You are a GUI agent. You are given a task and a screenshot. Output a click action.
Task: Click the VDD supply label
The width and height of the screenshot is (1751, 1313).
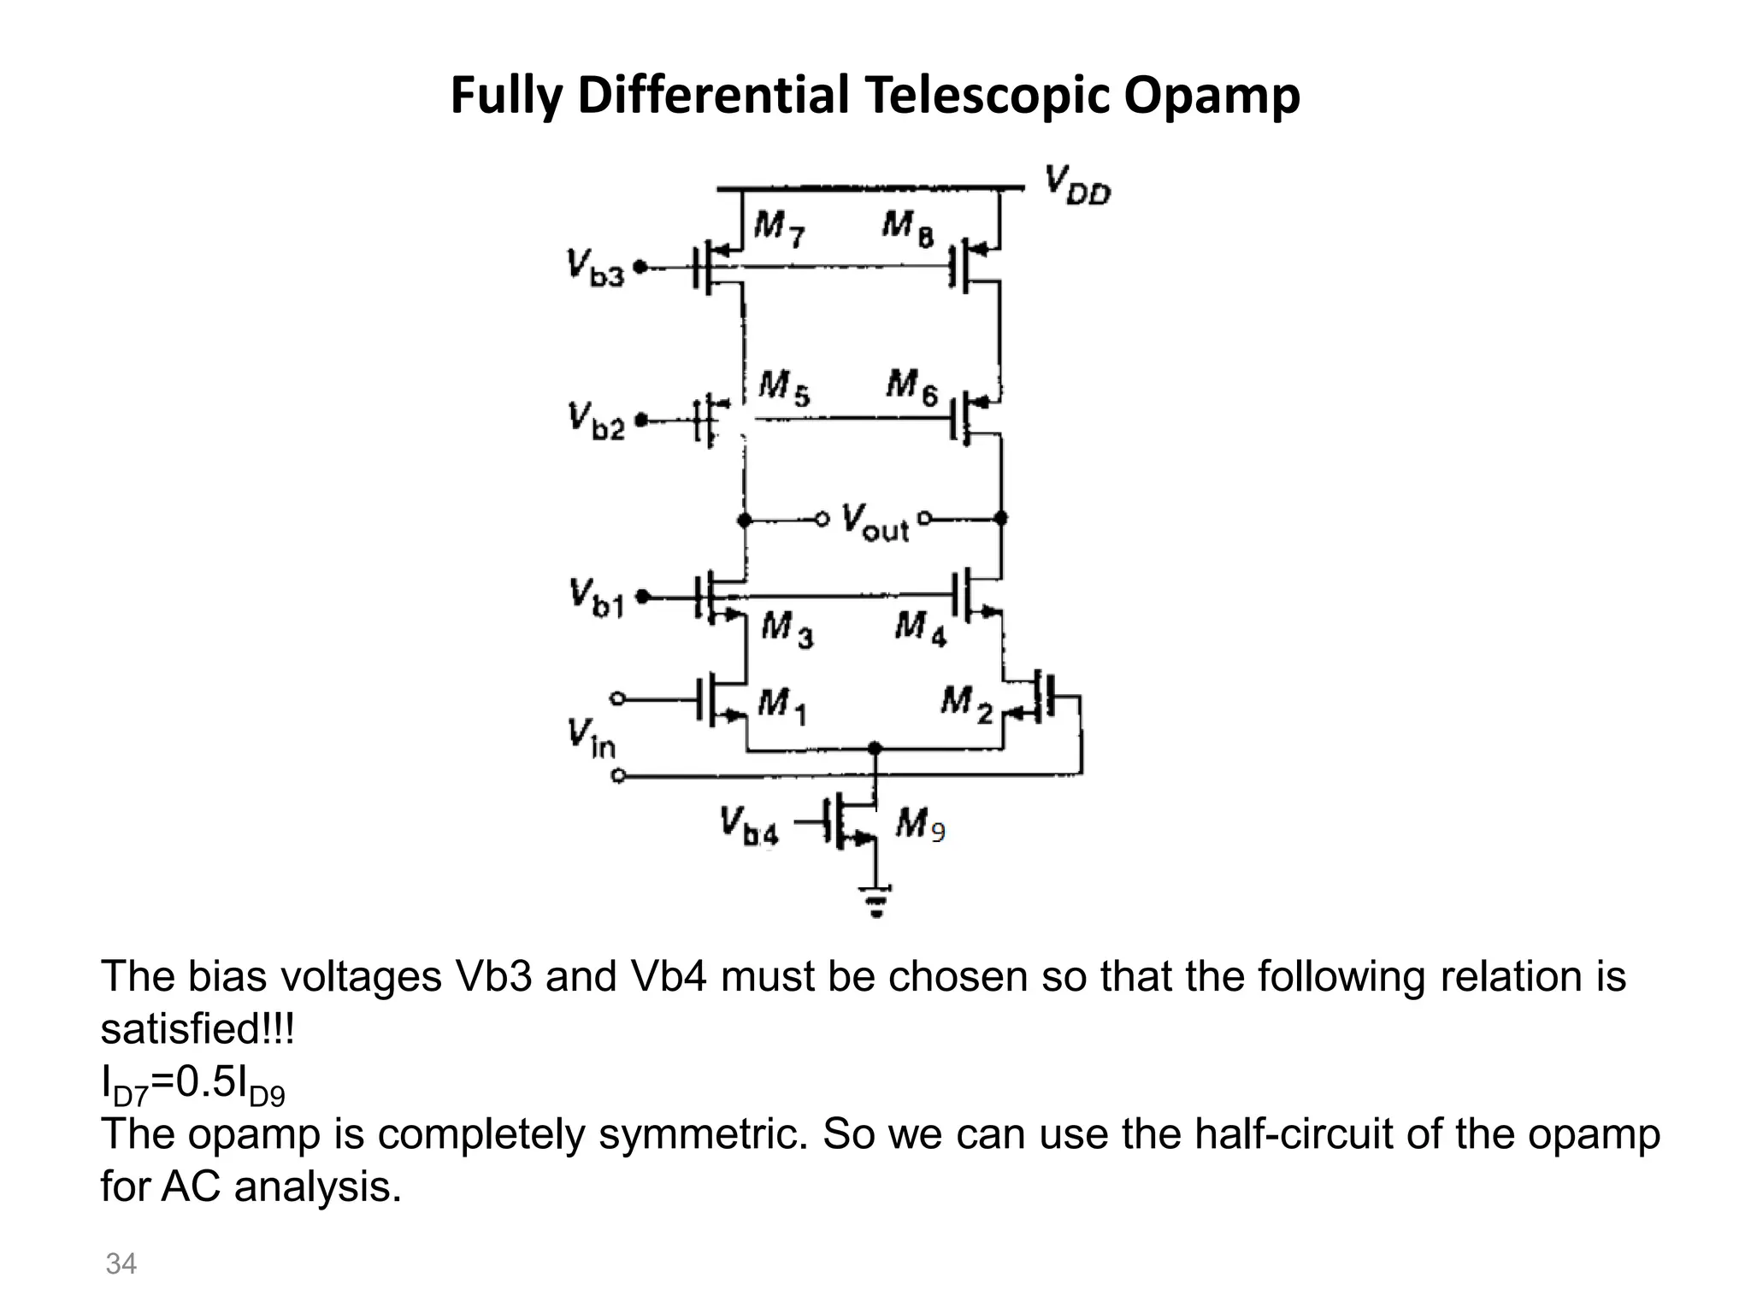coord(1077,185)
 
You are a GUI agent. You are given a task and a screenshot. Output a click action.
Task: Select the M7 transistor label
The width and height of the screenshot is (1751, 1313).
coord(779,228)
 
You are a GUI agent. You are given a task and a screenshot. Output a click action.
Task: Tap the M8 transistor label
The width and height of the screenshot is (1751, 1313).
coord(908,228)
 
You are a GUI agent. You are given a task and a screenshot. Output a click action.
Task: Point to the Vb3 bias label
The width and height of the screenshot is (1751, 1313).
coord(595,268)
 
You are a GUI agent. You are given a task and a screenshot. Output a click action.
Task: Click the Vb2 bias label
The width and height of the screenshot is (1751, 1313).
coord(596,421)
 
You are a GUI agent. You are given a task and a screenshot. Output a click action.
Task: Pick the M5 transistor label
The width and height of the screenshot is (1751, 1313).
coord(784,388)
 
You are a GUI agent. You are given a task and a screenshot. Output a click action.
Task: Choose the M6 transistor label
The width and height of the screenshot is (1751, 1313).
coord(911,387)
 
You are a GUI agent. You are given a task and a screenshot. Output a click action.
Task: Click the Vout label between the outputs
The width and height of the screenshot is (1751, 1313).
coord(874,521)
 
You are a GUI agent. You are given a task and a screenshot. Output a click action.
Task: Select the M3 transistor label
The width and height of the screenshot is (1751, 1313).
coord(787,630)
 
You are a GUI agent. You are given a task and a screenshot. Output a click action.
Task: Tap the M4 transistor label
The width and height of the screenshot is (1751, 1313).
coord(920,630)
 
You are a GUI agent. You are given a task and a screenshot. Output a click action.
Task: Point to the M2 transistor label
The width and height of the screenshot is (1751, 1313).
coord(966,704)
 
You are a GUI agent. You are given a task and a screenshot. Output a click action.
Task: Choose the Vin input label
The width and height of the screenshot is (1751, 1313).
coord(590,739)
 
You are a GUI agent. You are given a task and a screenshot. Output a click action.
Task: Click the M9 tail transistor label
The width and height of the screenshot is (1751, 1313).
coord(920,825)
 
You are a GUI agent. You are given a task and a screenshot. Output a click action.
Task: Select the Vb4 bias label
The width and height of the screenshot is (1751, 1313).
coord(748,825)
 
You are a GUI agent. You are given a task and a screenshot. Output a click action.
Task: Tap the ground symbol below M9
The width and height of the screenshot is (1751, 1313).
coord(875,900)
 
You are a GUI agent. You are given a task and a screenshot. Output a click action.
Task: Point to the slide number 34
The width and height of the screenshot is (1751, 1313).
coord(121,1263)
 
